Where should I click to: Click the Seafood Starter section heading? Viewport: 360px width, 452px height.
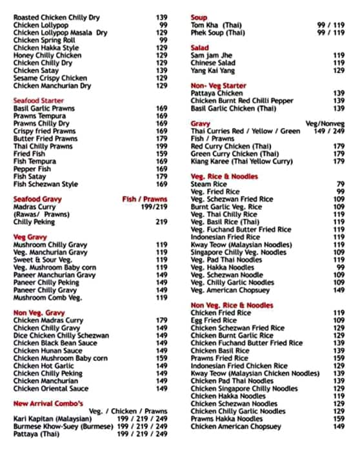(x=39, y=100)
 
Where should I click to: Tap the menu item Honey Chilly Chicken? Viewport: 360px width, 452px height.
(x=47, y=56)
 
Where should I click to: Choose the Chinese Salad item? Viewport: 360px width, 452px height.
(x=214, y=63)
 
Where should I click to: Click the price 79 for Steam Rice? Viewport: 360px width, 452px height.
(x=340, y=184)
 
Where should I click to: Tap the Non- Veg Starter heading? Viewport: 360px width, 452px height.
(x=218, y=85)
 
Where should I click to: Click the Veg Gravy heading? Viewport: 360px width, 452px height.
(x=30, y=237)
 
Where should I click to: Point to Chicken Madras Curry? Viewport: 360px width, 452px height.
(x=48, y=320)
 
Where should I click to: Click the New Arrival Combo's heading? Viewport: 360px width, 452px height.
(x=48, y=403)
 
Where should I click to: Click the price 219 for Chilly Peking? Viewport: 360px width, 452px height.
(x=161, y=221)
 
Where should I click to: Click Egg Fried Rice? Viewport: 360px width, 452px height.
(x=214, y=320)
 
